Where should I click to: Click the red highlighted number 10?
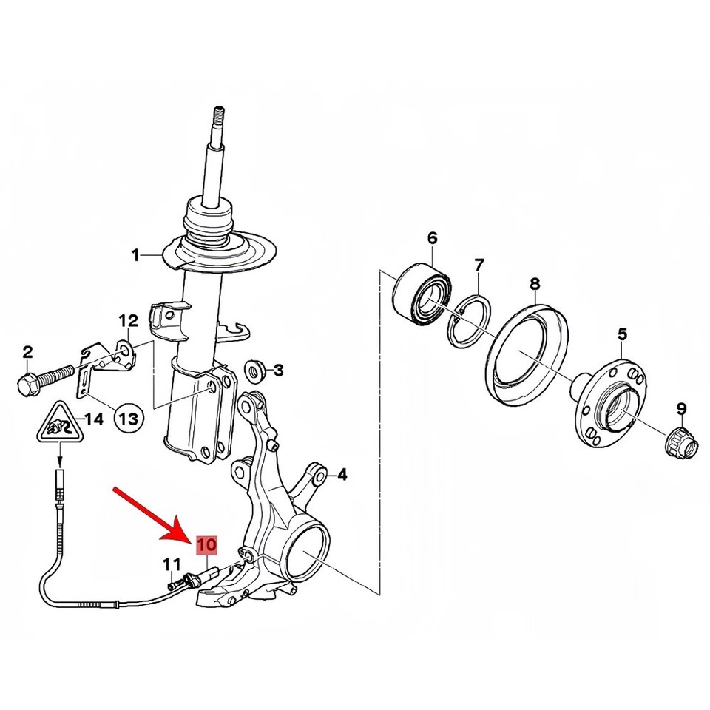(206, 545)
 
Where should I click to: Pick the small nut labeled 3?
(255, 371)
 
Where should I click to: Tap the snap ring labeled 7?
(470, 320)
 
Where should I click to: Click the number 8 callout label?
(535, 284)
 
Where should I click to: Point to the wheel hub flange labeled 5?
(609, 402)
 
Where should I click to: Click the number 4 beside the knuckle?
(342, 475)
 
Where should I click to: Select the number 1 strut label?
(135, 256)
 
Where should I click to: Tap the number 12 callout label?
(128, 321)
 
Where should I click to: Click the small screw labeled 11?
(173, 584)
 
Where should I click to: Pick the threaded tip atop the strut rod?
(219, 115)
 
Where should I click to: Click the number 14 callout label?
(94, 420)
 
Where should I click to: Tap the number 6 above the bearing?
(433, 238)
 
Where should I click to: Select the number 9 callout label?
(681, 409)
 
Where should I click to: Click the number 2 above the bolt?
(27, 352)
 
